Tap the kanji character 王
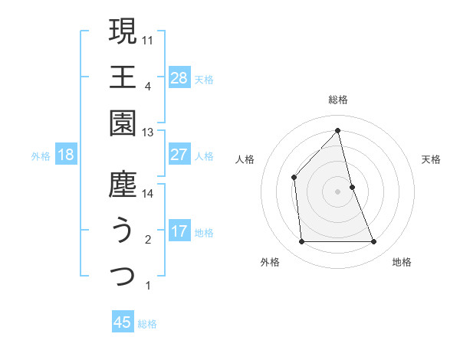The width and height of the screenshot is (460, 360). [123, 77]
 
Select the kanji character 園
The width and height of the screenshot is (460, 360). [123, 123]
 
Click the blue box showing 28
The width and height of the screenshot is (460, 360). [179, 77]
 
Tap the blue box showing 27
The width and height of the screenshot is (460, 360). [179, 154]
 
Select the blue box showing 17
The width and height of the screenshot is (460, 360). [179, 231]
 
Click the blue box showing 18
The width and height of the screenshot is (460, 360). [65, 155]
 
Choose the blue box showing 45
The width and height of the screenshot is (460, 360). [123, 322]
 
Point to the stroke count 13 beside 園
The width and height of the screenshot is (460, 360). [148, 132]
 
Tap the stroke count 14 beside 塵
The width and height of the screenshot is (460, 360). [148, 194]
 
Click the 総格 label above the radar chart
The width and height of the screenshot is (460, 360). [338, 100]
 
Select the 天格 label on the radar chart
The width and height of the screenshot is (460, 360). [431, 159]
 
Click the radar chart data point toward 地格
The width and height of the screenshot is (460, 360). [374, 242]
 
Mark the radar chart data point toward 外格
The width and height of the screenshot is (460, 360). [301, 242]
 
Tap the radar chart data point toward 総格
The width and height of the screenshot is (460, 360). [338, 129]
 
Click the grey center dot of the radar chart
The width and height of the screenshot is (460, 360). [338, 191]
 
